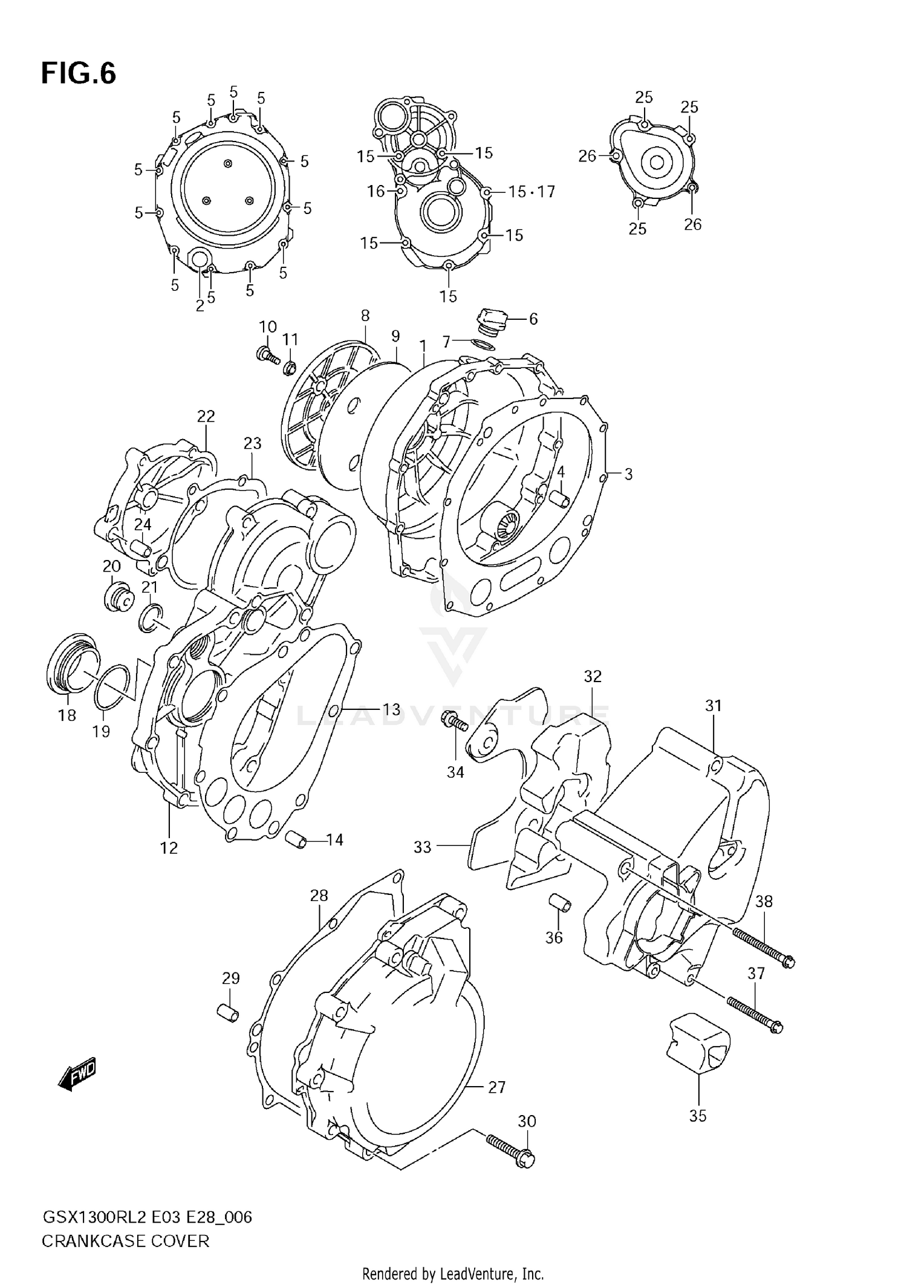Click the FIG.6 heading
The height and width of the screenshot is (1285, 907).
(x=78, y=74)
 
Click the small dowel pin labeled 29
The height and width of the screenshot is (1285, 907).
(x=228, y=1012)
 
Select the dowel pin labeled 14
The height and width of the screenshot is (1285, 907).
(x=296, y=839)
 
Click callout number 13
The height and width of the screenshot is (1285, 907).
(x=391, y=709)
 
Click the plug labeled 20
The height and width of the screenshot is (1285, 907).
(x=117, y=597)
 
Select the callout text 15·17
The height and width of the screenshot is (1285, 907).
(x=531, y=192)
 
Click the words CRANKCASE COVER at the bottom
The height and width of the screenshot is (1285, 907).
(x=125, y=1241)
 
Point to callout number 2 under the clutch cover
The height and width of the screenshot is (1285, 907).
(x=200, y=305)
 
